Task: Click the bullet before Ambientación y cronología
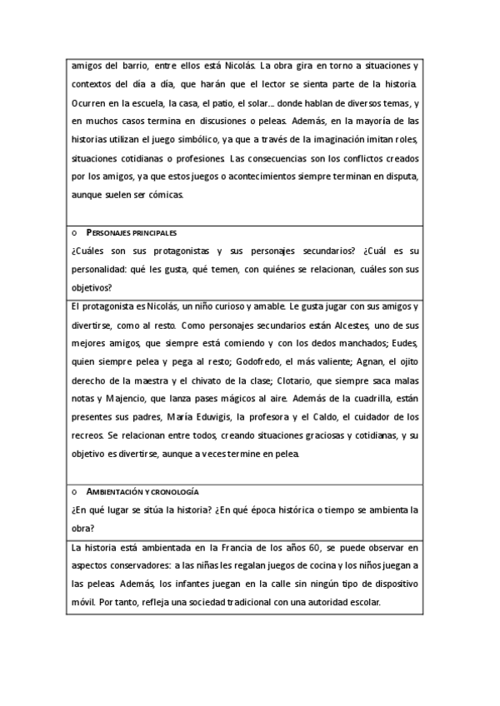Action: click(x=75, y=492)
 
